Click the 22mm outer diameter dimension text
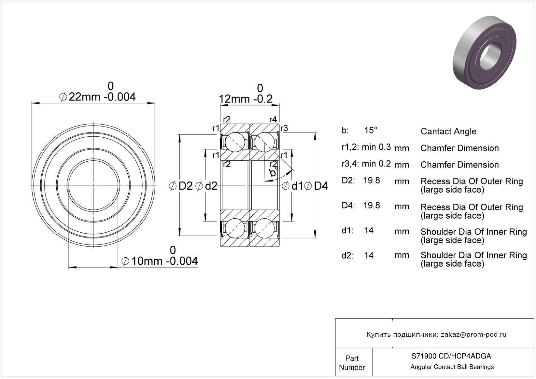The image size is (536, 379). pos(97,97)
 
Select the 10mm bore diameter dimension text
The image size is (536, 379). pos(160,261)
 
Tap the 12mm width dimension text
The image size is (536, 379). pos(246,99)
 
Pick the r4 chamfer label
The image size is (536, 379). pos(273,119)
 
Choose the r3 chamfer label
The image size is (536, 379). pos(284,128)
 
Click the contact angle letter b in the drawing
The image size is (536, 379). pos(273,172)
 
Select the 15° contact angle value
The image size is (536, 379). pos(371,130)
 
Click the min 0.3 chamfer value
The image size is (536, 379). pos(376,147)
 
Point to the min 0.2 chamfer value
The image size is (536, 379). pos(376,164)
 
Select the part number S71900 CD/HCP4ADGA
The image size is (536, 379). pos(451,356)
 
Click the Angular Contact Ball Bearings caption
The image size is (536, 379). pos(452,367)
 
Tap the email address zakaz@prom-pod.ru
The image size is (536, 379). pos(473,334)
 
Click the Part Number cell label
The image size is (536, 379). pos(352,363)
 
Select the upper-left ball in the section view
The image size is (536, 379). pos(235,142)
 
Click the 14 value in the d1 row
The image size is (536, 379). pos(369,231)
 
